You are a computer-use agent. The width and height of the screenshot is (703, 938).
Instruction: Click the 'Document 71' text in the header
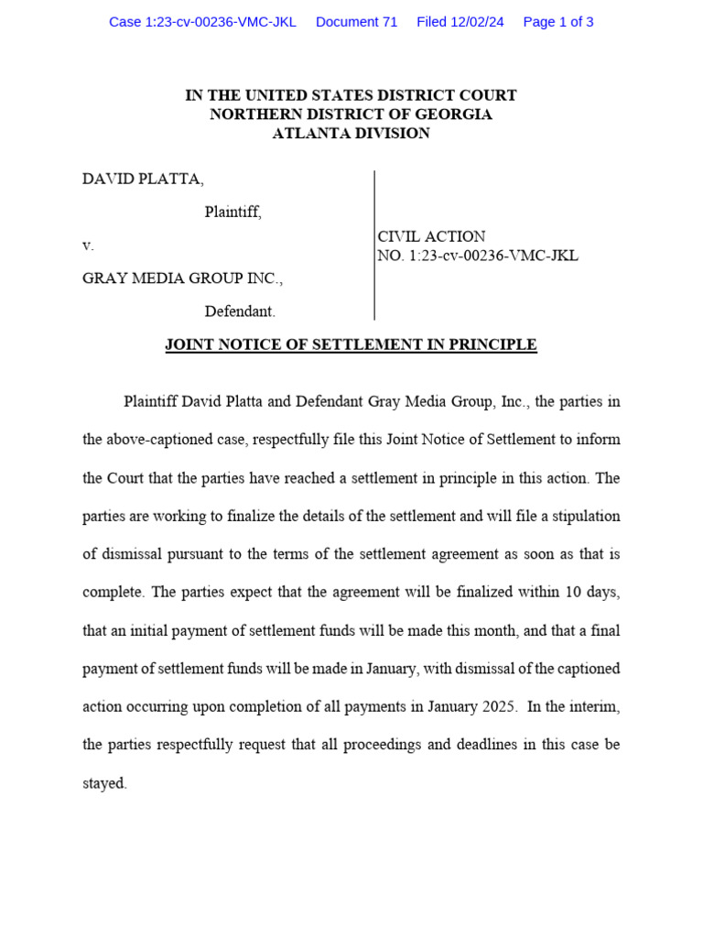click(x=356, y=22)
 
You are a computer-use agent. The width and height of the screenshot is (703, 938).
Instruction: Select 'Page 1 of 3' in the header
click(x=557, y=22)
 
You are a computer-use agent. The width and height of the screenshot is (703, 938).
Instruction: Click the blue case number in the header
click(x=202, y=22)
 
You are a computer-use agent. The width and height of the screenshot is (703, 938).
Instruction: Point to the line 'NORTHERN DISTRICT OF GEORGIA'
click(x=351, y=115)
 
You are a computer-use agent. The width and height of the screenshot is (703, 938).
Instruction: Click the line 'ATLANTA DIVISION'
click(x=351, y=134)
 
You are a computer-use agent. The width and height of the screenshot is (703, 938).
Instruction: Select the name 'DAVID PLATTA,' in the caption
click(x=143, y=180)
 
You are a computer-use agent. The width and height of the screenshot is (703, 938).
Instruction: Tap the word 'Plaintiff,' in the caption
click(x=233, y=213)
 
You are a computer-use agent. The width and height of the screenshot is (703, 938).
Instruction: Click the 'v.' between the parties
click(x=88, y=245)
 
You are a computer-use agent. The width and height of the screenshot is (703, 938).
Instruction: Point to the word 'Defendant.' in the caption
click(x=240, y=311)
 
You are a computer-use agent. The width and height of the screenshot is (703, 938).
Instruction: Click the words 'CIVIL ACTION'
click(x=431, y=236)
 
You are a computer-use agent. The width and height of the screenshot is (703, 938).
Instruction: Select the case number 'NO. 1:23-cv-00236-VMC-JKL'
click(x=478, y=256)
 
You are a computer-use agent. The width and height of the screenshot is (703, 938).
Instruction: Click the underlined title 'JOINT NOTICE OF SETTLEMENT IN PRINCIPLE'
click(x=351, y=345)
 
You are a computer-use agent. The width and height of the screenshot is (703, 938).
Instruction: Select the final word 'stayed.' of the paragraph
click(x=104, y=784)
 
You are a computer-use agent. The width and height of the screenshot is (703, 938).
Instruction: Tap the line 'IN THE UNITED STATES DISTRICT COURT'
click(x=351, y=95)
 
